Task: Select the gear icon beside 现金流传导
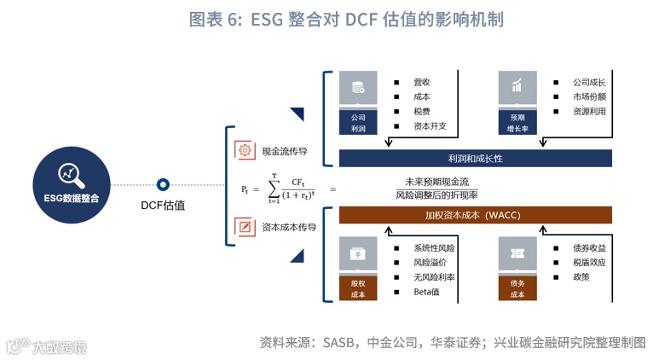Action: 245,151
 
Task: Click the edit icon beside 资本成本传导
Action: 245,227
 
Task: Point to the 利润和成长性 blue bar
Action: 476,159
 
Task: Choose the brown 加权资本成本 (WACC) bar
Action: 476,215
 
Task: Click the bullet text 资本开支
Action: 430,127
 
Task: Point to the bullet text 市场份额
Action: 589,97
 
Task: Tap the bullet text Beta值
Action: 426,293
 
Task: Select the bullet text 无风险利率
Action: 434,277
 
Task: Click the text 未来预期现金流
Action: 437,181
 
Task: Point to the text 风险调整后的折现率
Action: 437,195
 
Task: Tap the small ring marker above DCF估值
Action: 163,184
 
